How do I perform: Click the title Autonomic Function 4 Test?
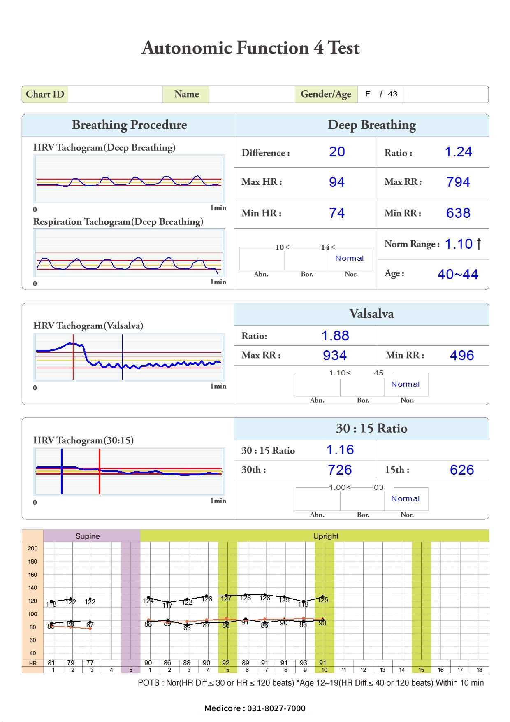(250, 48)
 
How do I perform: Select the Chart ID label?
(45, 94)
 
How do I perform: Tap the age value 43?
(393, 94)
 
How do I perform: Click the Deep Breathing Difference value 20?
(337, 152)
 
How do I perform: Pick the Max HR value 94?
(336, 182)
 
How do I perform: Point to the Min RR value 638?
(458, 213)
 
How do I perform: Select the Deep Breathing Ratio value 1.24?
(458, 152)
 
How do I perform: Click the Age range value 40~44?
(458, 274)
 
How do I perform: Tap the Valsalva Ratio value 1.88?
(335, 336)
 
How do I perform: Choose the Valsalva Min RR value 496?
(461, 355)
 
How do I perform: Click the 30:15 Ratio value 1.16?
(340, 450)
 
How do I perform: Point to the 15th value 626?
(461, 470)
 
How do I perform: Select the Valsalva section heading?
(371, 314)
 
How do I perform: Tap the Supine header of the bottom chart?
(88, 536)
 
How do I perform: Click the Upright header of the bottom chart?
(326, 536)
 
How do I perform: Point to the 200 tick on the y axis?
(32, 548)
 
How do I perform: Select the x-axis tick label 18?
(479, 670)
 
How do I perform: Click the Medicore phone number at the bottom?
(255, 708)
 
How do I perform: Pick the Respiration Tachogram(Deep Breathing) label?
(118, 221)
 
